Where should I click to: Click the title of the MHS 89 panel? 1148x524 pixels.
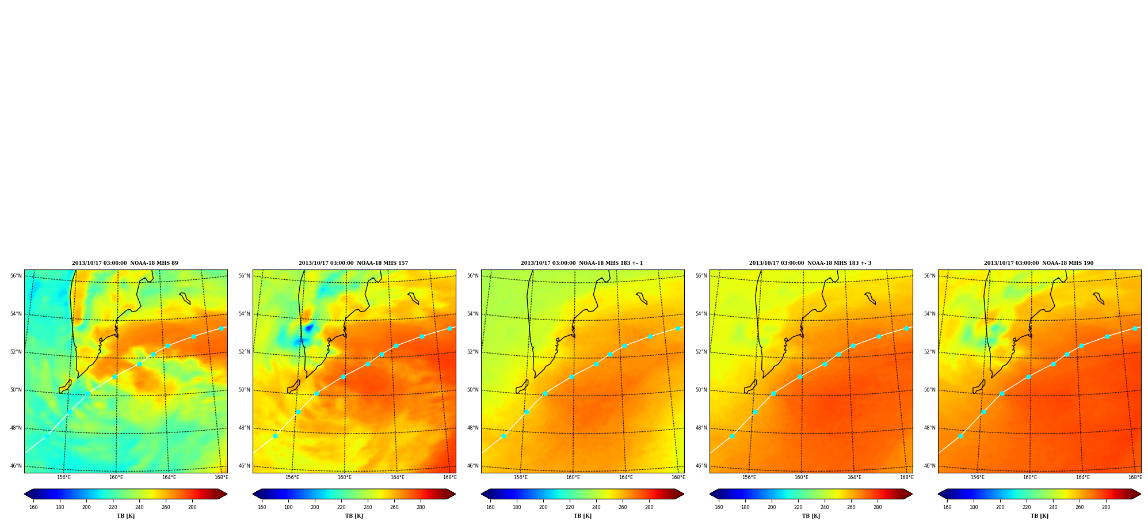[x=125, y=263]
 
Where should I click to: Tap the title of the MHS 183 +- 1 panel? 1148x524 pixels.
[x=582, y=263]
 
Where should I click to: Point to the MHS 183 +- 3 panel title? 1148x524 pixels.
[x=810, y=263]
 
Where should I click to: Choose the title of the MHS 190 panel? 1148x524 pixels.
[x=1039, y=263]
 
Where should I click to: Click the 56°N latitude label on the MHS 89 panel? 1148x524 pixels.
[x=16, y=276]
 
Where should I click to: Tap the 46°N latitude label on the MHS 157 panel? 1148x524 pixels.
[x=244, y=466]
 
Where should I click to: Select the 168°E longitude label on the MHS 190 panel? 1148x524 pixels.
[x=1135, y=477]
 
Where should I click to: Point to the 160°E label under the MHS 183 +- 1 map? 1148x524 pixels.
[x=573, y=477]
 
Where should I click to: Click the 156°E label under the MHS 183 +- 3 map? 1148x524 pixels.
[x=749, y=477]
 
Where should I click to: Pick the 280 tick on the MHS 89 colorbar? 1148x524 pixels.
[x=192, y=507]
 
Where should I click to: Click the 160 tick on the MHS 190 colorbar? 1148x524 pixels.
[x=947, y=507]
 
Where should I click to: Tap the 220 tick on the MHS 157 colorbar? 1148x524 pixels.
[x=341, y=507]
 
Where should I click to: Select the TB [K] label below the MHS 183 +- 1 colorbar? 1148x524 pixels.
[x=582, y=516]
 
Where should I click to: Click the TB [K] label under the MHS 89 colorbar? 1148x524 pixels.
[x=125, y=516]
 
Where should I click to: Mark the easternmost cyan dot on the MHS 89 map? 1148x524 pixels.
[x=221, y=328]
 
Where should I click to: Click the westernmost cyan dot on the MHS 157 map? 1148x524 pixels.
[x=275, y=436]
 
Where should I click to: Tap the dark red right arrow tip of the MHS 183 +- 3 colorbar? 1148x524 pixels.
[x=911, y=494]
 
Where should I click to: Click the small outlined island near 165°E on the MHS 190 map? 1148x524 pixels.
[x=1099, y=298]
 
